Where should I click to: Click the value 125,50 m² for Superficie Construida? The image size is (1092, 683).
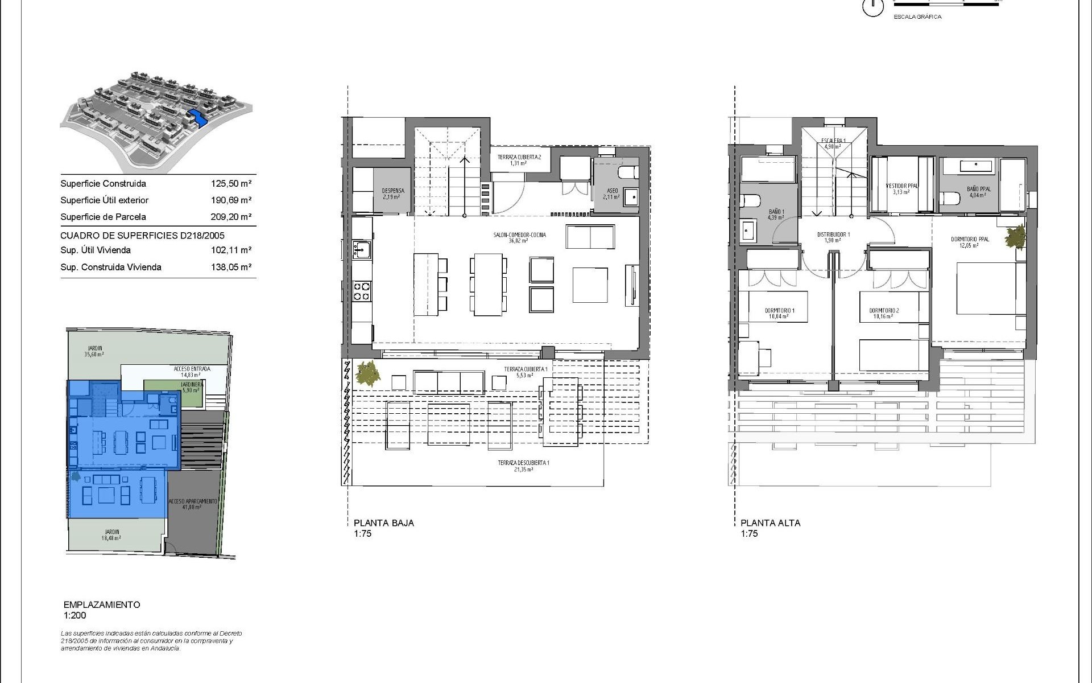231,184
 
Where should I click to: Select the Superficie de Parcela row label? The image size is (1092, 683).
103,217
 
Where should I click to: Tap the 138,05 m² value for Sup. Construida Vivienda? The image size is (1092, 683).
231,267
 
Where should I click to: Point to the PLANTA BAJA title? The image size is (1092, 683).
384,523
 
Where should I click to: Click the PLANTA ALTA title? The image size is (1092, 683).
770,523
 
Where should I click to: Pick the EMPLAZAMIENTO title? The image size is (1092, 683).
102,605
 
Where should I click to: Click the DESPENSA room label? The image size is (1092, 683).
392,191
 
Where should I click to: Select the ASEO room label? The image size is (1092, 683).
613,191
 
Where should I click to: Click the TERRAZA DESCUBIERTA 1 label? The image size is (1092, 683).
523,463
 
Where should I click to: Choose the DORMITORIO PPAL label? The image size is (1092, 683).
970,240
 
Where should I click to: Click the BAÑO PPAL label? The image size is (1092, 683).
978,189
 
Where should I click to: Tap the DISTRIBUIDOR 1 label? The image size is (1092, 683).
833,234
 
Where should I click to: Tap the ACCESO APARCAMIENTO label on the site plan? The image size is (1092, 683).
193,501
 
